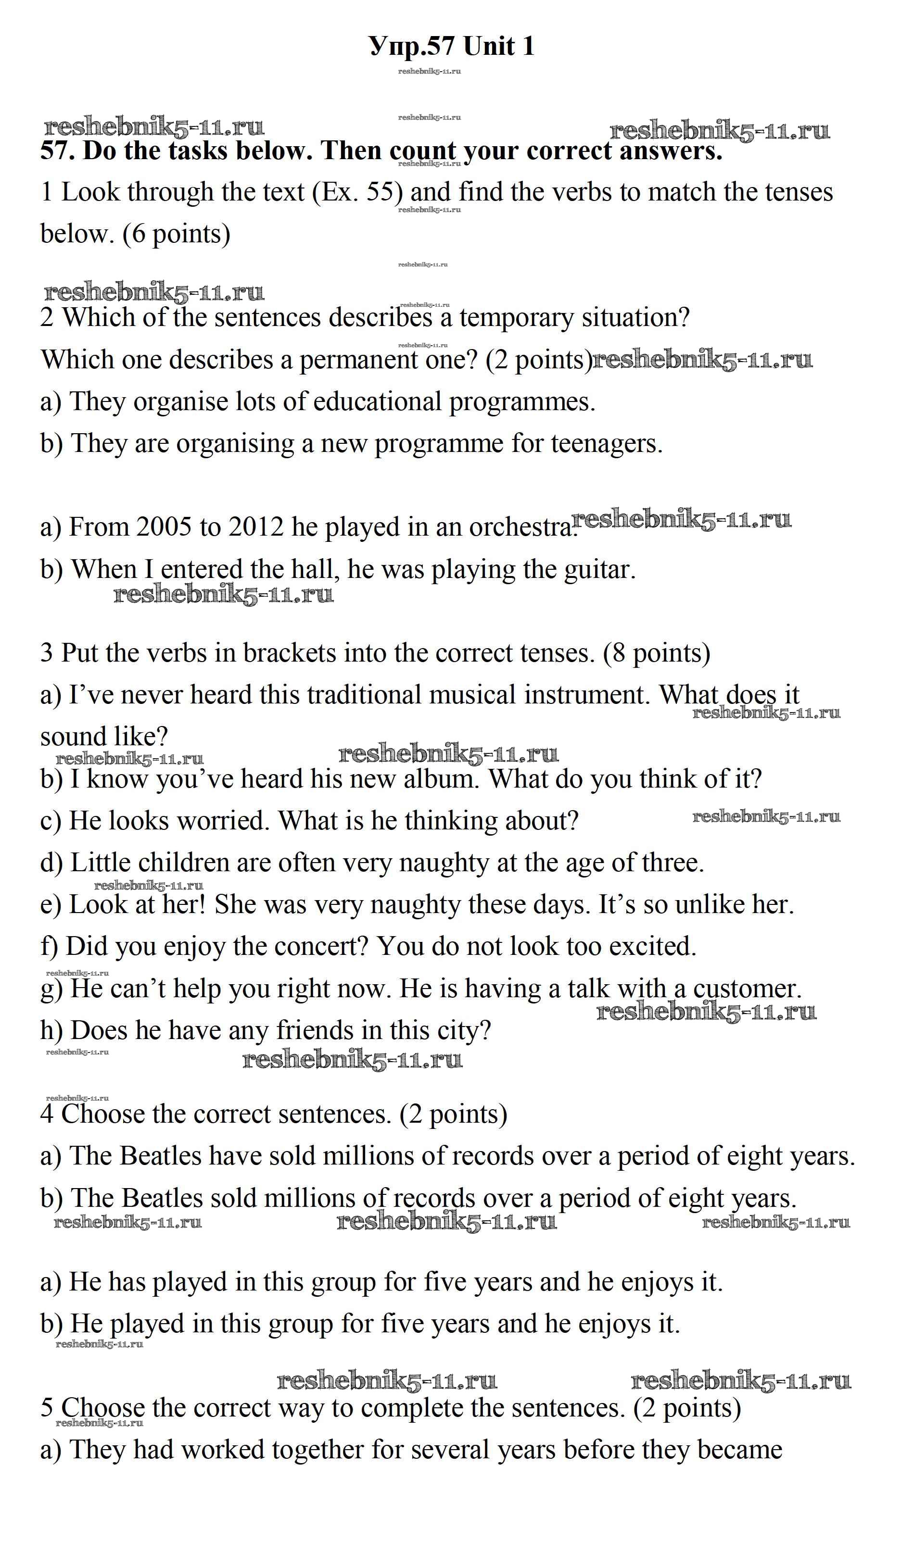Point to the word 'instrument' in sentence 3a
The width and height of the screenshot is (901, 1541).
click(586, 695)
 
